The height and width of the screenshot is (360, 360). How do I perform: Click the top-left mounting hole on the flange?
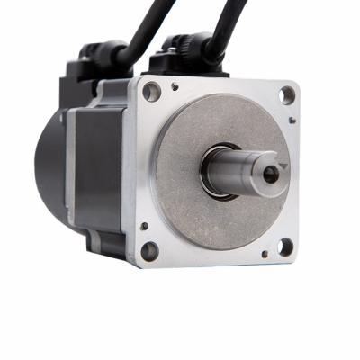[151, 91]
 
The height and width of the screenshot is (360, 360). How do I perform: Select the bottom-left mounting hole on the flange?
[150, 251]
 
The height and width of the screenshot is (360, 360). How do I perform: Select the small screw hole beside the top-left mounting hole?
[174, 86]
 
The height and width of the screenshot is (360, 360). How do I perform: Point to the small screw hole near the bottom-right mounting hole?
[264, 255]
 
